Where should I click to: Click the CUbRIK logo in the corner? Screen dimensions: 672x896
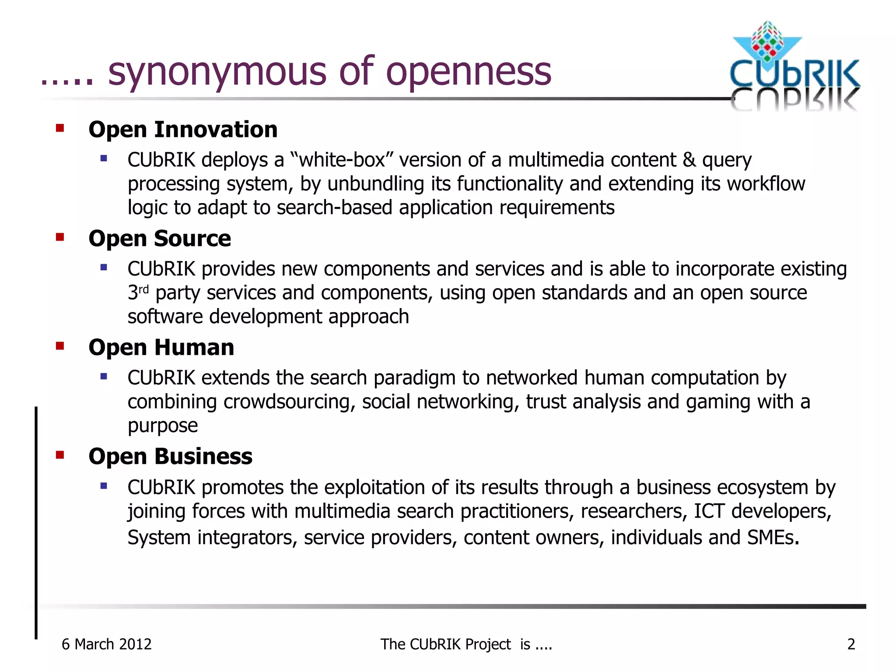(794, 66)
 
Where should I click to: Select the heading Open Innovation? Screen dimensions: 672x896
(183, 130)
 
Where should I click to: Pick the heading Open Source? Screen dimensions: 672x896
(160, 239)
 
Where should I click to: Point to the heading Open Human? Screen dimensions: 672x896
(161, 348)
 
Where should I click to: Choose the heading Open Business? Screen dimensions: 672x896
(170, 457)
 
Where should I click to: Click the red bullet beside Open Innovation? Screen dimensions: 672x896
(60, 128)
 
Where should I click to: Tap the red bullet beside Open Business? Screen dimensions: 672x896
(60, 455)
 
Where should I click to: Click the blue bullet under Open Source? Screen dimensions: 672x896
(104, 267)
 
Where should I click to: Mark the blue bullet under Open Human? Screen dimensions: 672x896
(104, 376)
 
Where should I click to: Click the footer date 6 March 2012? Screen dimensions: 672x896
(106, 644)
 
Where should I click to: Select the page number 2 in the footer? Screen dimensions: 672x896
(851, 644)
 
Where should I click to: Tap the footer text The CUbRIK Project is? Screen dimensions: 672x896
(466, 644)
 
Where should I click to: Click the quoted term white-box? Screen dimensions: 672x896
(342, 160)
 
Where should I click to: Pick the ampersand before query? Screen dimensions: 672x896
(689, 160)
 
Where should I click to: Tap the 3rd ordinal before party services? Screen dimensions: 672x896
(138, 292)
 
